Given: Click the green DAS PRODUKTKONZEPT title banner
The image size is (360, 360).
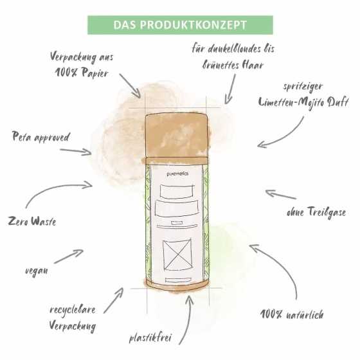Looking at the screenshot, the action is (180, 25).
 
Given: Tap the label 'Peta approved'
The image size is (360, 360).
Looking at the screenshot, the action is (40, 137).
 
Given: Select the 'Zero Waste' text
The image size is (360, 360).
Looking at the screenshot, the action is (32, 221).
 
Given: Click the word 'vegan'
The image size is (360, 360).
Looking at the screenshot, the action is (37, 271).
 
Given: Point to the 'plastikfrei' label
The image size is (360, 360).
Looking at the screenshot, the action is (150, 338).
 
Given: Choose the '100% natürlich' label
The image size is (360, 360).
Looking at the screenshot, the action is (292, 314).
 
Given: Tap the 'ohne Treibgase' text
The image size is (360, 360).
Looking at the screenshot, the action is (316, 212).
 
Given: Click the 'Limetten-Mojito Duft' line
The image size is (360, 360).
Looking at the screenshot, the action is (303, 102).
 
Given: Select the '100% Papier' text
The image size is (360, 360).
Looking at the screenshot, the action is (82, 73).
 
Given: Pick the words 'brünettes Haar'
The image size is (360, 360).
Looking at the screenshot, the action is (233, 65).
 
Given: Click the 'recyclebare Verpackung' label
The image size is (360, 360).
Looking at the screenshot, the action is (73, 318).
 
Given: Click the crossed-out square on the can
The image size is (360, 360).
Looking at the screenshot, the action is (177, 255).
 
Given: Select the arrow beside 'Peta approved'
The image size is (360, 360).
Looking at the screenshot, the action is (76, 152).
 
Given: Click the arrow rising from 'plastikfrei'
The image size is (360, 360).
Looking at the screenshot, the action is (187, 319).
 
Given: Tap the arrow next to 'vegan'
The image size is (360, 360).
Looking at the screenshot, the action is (68, 256).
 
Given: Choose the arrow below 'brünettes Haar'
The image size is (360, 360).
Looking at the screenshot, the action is (230, 89).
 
